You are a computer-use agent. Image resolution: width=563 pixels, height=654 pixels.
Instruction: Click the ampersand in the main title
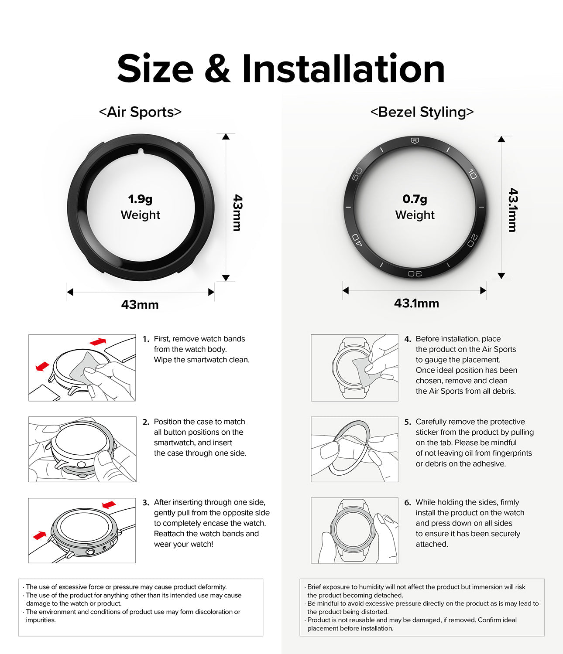click(x=217, y=69)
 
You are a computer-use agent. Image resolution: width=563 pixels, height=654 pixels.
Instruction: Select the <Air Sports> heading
click(x=140, y=112)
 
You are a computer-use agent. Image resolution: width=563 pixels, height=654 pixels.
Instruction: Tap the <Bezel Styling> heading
click(x=422, y=112)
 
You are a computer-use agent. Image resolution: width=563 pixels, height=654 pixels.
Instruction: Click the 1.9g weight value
click(x=140, y=199)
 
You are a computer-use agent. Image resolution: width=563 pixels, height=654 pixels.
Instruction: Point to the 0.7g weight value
click(x=415, y=199)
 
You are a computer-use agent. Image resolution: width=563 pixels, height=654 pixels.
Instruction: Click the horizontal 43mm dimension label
click(x=140, y=305)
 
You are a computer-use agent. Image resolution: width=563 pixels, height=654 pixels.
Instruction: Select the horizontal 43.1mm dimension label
click(x=416, y=303)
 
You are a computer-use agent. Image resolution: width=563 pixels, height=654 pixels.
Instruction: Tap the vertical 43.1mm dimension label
click(x=513, y=210)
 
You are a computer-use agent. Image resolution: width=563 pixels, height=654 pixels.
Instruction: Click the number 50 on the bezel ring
click(x=357, y=174)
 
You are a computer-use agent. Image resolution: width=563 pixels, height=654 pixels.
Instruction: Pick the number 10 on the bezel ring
click(x=472, y=174)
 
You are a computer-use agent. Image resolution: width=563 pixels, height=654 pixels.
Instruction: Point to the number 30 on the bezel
click(x=415, y=273)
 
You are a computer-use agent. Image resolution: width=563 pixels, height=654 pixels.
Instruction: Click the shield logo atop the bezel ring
click(x=415, y=140)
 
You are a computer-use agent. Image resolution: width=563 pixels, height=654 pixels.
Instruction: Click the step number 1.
click(x=146, y=339)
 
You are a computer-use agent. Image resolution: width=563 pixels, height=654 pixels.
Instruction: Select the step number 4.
click(x=408, y=339)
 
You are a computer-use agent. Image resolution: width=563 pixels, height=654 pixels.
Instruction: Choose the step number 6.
click(x=408, y=502)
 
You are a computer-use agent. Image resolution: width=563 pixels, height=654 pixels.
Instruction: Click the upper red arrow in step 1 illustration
click(x=97, y=341)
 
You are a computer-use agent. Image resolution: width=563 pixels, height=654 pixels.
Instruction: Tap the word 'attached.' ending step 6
click(x=432, y=544)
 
